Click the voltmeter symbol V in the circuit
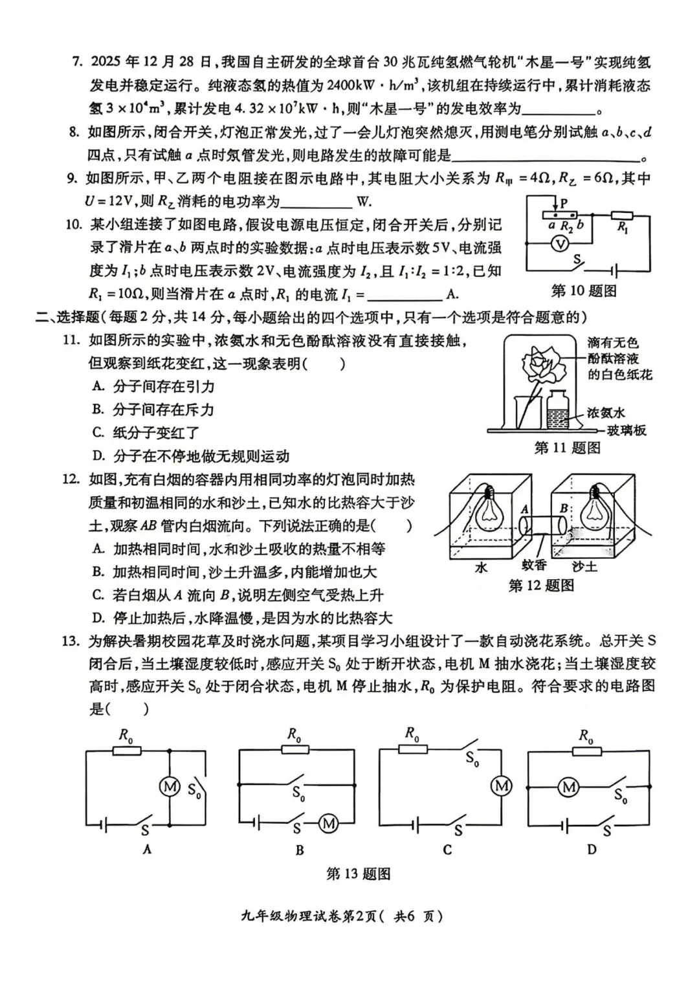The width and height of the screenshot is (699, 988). [562, 243]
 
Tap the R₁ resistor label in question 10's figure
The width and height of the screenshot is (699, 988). [623, 227]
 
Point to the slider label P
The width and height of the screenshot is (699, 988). [564, 203]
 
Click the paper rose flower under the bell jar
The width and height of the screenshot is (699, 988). [542, 365]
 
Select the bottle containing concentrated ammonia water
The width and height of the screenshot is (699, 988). [557, 409]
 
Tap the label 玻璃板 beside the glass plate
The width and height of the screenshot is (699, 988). [626, 430]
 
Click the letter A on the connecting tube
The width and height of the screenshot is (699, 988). [525, 510]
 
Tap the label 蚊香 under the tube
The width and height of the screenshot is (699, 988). [534, 565]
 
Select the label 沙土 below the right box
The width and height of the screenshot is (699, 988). [584, 567]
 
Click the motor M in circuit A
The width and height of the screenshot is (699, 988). [170, 787]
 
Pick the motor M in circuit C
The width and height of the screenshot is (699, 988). [502, 786]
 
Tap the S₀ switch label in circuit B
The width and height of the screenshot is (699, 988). [298, 793]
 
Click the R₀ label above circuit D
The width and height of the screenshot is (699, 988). [586, 736]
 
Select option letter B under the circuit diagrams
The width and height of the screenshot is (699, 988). [299, 850]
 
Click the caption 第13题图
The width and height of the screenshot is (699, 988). [358, 874]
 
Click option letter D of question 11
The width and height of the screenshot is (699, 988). [98, 456]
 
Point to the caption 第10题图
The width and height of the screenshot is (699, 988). [583, 291]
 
